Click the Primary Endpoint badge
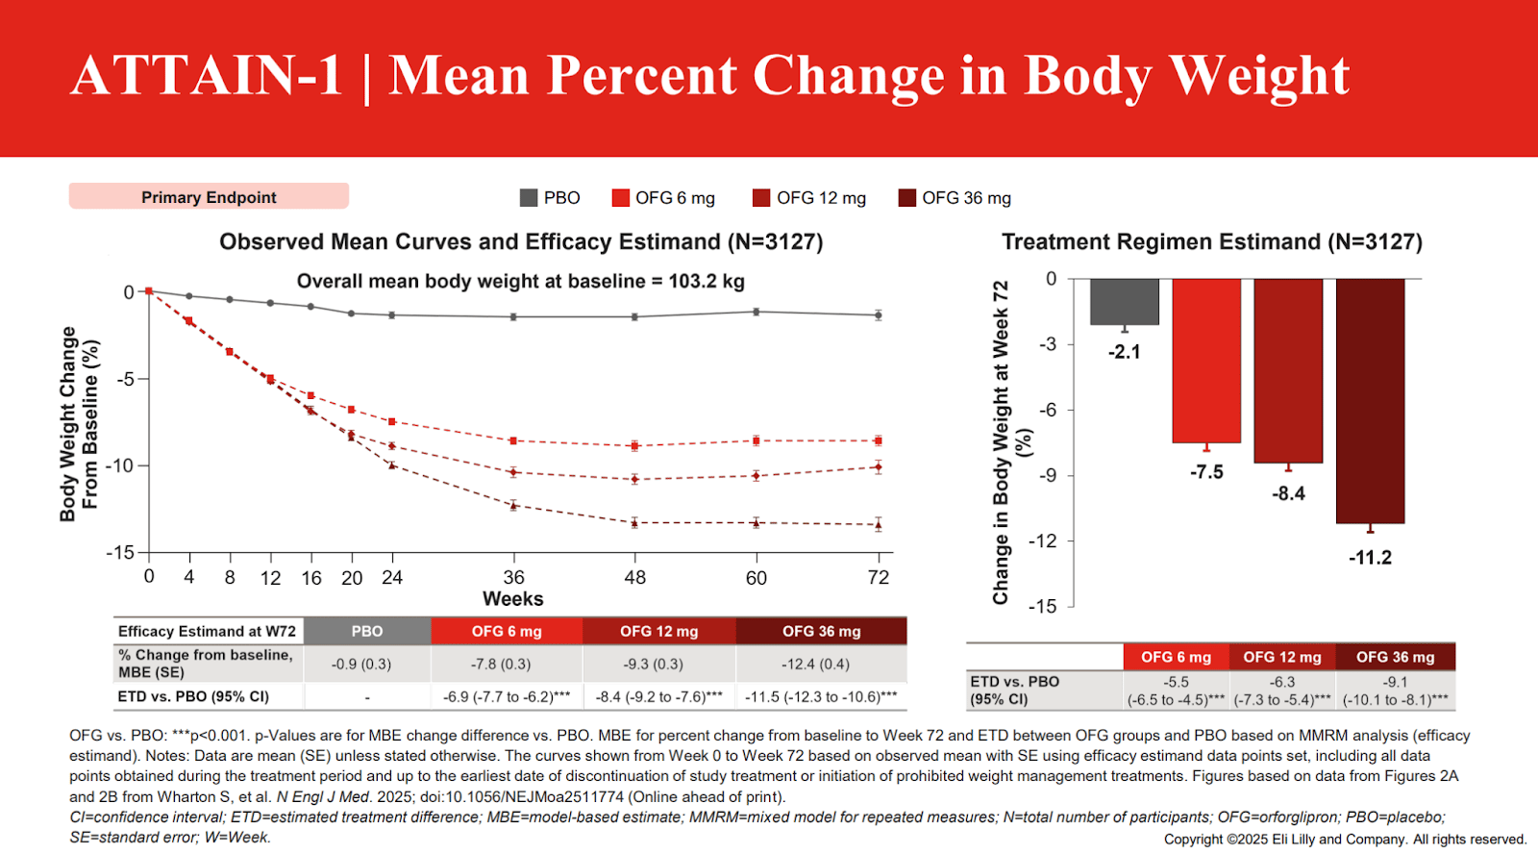click(209, 197)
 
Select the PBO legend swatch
click(529, 198)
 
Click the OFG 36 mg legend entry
click(955, 198)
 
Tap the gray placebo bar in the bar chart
click(1124, 302)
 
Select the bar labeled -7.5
click(1206, 361)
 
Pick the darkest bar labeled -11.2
click(1370, 401)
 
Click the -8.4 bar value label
click(1288, 493)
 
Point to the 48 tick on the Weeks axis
click(635, 578)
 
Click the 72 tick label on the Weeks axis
click(879, 578)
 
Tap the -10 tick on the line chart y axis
click(121, 466)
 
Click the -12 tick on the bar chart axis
click(1043, 541)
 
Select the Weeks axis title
click(512, 599)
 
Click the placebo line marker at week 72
click(879, 314)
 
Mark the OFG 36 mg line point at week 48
click(635, 523)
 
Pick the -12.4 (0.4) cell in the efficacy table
click(815, 664)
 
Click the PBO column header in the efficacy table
click(367, 632)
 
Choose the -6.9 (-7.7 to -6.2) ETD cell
click(506, 696)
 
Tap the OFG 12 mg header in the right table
click(1282, 657)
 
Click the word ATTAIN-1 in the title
click(206, 75)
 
